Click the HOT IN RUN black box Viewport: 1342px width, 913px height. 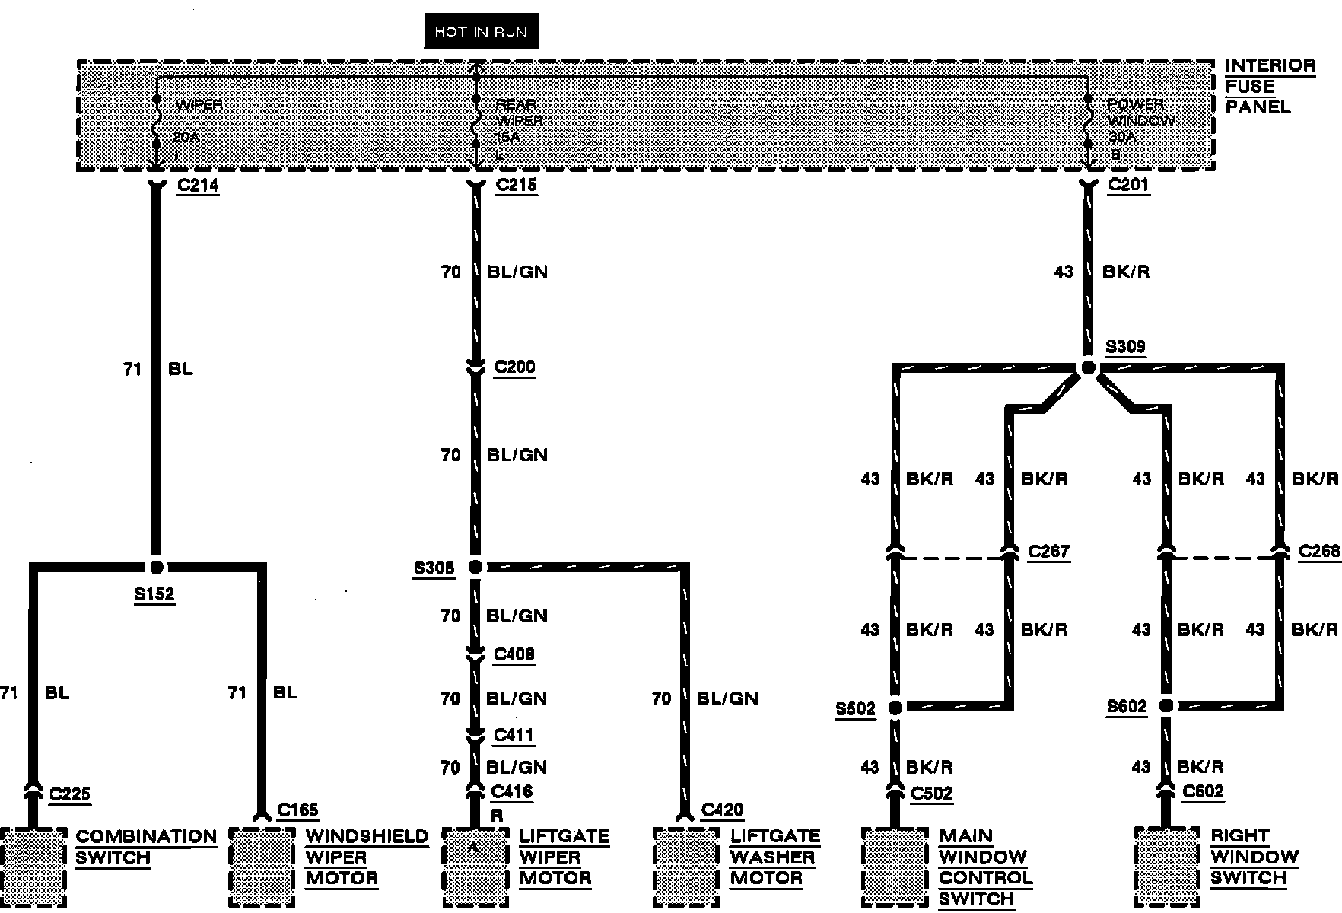click(x=481, y=32)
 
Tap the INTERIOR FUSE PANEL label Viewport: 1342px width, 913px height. click(x=1269, y=86)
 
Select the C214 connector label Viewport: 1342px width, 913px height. click(x=198, y=185)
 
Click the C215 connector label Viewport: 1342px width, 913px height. click(x=516, y=185)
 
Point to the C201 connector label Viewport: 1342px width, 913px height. click(x=1128, y=185)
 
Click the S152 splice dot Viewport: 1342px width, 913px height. click(x=157, y=567)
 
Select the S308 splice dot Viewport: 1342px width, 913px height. click(x=475, y=567)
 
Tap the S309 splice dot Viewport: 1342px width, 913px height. click(x=1089, y=368)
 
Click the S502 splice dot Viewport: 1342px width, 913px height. click(x=895, y=708)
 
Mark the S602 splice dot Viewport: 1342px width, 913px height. click(x=1166, y=707)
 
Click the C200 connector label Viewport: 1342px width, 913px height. click(x=515, y=367)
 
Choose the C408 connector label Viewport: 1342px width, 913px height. click(x=514, y=654)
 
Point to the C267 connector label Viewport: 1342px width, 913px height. click(x=1048, y=552)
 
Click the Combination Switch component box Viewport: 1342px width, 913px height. click(x=33, y=867)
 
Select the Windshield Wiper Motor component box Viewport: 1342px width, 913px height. click(x=262, y=867)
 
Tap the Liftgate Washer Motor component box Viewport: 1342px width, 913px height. click(x=685, y=867)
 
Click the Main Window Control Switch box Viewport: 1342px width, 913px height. click(x=895, y=867)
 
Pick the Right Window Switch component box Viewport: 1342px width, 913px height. click(x=1166, y=867)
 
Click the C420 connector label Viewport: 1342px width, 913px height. click(x=722, y=810)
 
